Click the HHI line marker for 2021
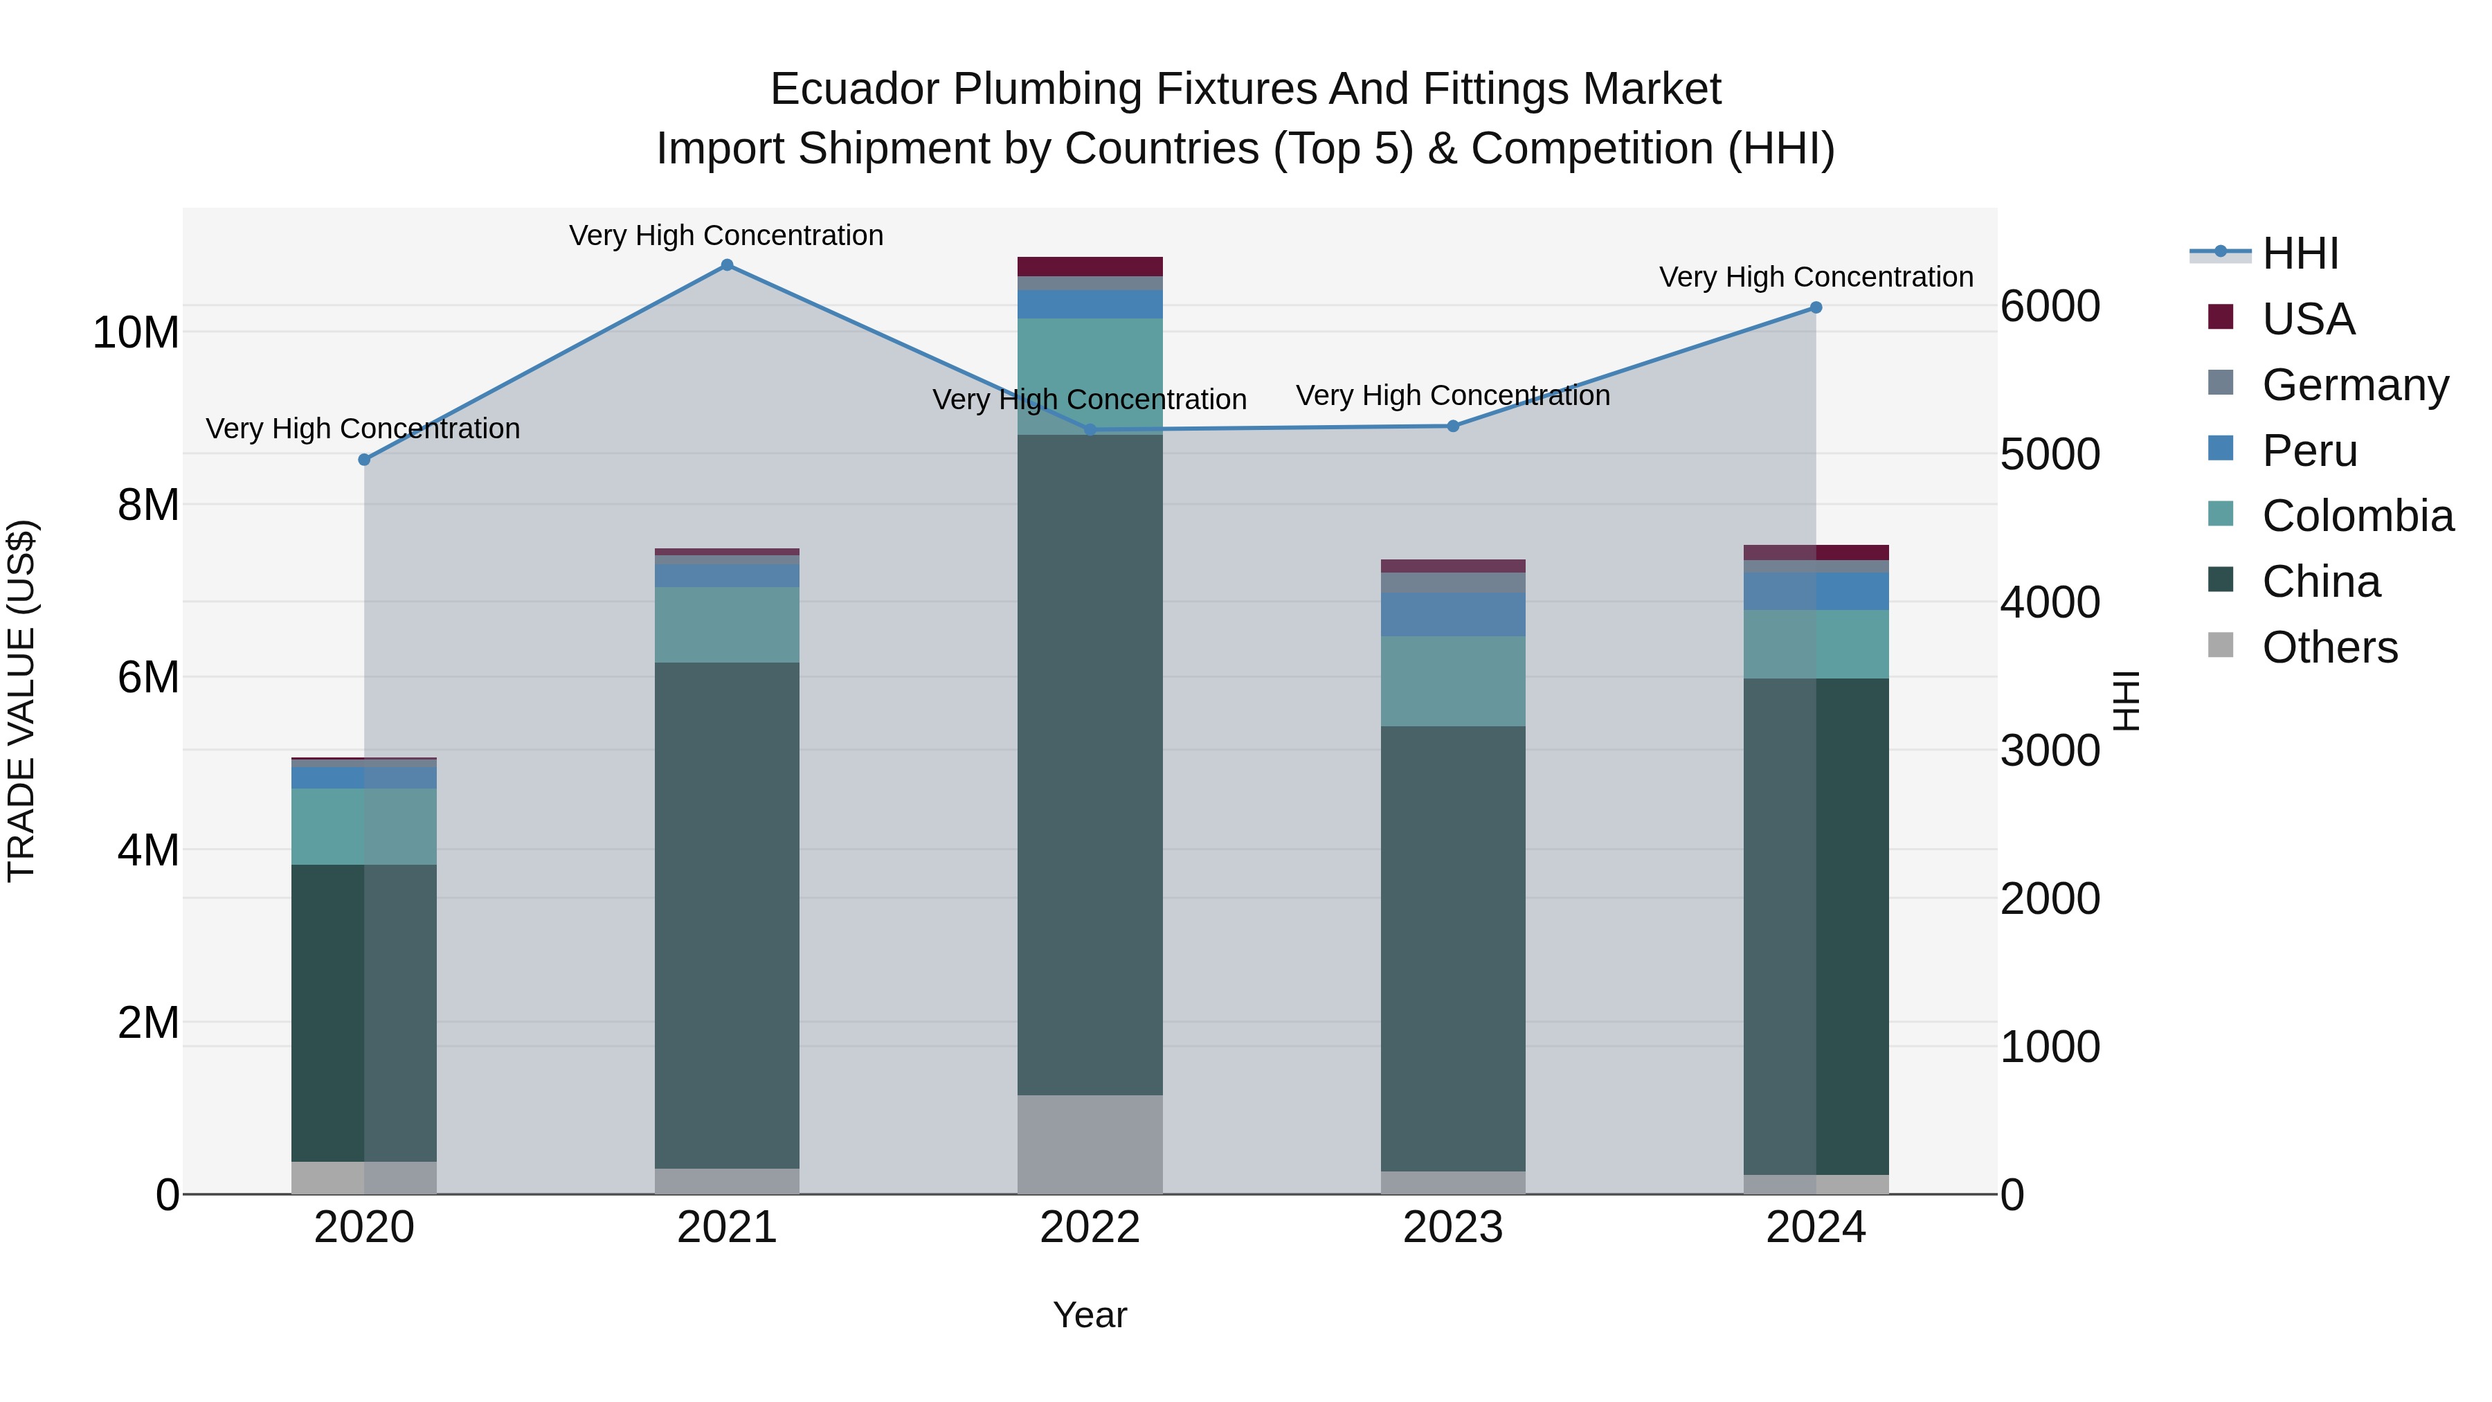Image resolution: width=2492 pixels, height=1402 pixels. [727, 265]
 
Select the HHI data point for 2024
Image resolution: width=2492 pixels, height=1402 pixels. [1816, 307]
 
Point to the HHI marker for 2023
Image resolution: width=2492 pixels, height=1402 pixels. [1453, 426]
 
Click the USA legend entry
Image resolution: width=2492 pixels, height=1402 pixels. [2307, 319]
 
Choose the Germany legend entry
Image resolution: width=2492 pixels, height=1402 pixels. [2355, 385]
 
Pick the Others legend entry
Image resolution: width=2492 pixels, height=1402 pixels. [2329, 647]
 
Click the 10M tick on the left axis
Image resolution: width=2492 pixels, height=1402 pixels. [136, 333]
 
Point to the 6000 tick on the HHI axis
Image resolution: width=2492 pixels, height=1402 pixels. [2050, 307]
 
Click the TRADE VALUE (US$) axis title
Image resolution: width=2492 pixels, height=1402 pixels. [22, 701]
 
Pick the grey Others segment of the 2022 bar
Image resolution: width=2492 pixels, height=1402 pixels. [1090, 1144]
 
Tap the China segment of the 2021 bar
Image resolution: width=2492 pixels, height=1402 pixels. [727, 915]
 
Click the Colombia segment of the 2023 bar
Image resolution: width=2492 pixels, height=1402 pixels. [1453, 681]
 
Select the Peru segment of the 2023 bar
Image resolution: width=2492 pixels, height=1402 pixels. [1453, 614]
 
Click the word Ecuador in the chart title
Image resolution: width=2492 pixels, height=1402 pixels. [854, 90]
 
